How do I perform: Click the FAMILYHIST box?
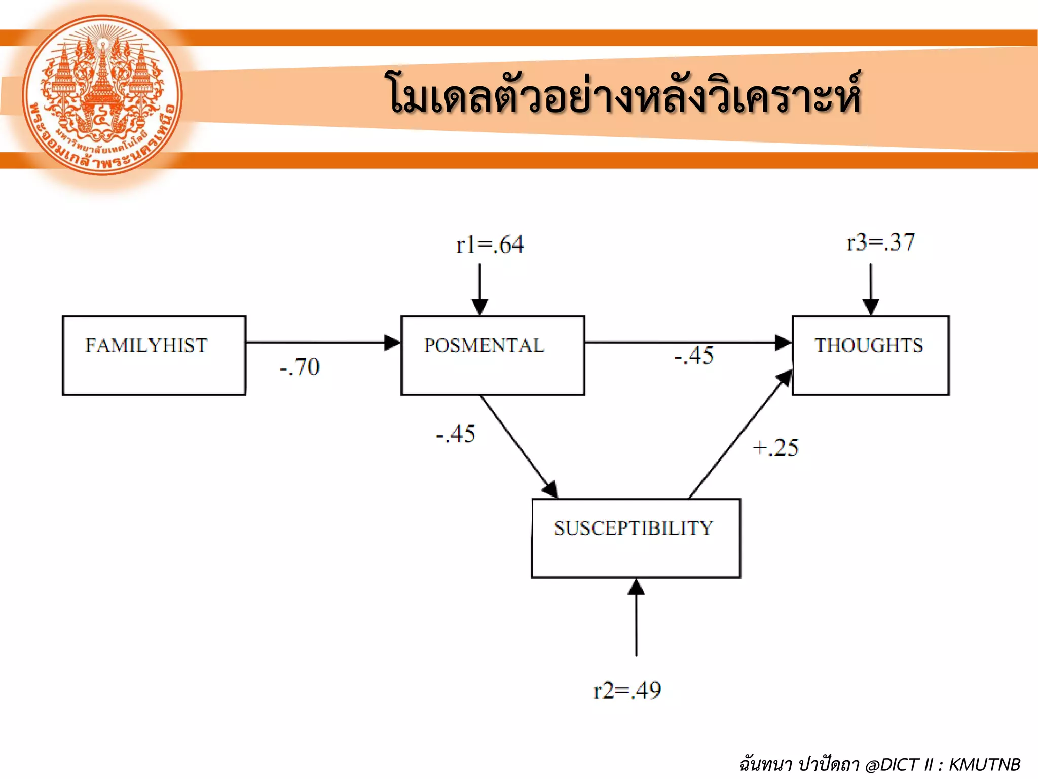click(154, 355)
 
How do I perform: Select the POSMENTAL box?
click(492, 355)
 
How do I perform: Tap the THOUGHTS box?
click(870, 355)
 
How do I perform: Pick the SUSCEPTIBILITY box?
click(636, 538)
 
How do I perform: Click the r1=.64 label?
click(490, 245)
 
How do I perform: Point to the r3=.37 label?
click(880, 242)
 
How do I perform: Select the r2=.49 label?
click(627, 691)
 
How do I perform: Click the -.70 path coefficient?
click(300, 367)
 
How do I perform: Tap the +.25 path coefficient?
click(776, 448)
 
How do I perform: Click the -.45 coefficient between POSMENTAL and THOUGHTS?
click(694, 356)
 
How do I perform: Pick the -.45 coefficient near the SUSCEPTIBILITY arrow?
click(456, 434)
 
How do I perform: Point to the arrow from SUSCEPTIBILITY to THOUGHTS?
click(740, 434)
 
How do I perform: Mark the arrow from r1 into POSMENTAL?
click(479, 289)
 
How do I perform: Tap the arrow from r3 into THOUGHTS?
click(871, 289)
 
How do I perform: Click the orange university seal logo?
click(102, 95)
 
